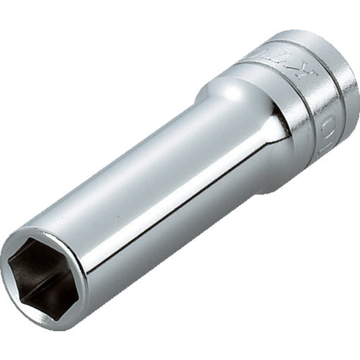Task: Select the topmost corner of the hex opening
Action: (x=48, y=240)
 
